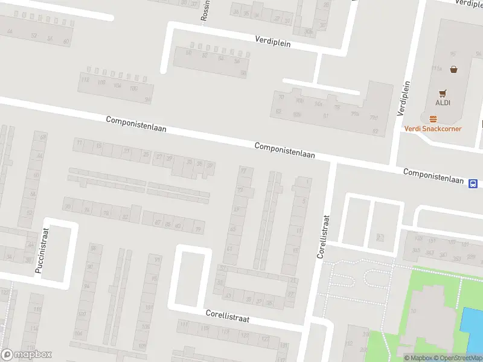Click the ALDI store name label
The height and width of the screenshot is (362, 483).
[443, 103]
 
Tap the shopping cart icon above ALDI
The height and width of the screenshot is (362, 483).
[443, 93]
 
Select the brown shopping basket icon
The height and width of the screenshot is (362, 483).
[453, 69]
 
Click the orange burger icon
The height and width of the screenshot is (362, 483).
[433, 119]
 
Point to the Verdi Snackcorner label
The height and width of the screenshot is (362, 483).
[433, 129]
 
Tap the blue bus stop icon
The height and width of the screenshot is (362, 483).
[473, 183]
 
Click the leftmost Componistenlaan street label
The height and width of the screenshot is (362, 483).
[136, 124]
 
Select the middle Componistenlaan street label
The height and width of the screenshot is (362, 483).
[285, 150]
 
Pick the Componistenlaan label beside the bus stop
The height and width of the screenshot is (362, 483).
[433, 176]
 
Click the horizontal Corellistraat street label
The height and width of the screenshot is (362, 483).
[227, 316]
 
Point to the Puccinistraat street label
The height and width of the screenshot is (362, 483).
[42, 251]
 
